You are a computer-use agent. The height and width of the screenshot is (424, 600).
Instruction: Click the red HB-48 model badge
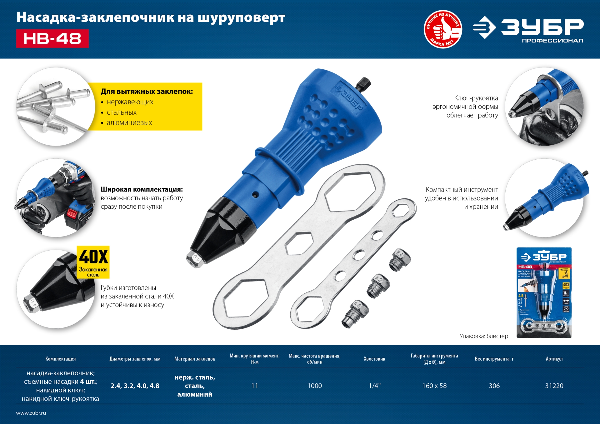[x=52, y=38]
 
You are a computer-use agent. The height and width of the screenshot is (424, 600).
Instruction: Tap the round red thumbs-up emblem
[x=443, y=29]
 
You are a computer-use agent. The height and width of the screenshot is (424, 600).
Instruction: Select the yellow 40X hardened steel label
[x=93, y=262]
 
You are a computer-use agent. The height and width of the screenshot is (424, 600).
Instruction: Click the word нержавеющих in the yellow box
[x=130, y=102]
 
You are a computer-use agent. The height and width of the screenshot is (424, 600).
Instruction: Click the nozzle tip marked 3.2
[x=378, y=286]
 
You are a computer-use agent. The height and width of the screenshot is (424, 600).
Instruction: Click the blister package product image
[x=544, y=292]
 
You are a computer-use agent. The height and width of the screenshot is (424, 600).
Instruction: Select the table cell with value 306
[x=494, y=386]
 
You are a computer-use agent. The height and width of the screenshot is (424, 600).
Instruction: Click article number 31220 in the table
[x=554, y=386]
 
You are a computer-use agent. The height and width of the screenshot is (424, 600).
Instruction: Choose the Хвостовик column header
[x=374, y=359]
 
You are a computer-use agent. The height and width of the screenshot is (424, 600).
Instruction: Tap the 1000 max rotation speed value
[x=315, y=386]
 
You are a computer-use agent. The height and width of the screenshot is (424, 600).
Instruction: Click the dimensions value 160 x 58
[x=434, y=386]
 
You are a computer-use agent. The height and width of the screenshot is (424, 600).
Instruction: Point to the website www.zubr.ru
[x=31, y=413]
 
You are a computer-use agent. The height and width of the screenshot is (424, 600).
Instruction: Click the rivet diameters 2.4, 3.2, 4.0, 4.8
[x=135, y=386]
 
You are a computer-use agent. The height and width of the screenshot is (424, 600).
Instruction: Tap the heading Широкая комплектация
[x=142, y=189]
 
